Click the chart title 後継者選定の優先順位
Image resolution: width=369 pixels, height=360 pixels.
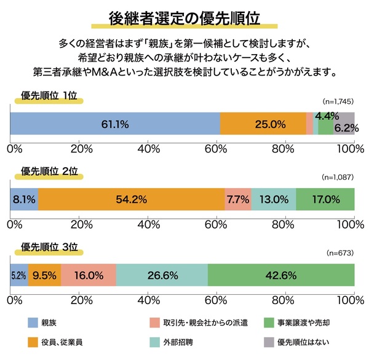(184, 17)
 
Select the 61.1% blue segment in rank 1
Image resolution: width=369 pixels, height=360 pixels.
(115, 124)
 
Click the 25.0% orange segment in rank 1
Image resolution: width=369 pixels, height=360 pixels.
(263, 124)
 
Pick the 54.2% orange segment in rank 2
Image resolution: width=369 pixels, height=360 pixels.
(131, 199)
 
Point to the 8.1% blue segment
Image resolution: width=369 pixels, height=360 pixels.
(25, 199)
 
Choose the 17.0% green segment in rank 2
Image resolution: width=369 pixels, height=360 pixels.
(325, 199)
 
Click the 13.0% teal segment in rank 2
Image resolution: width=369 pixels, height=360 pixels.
(274, 199)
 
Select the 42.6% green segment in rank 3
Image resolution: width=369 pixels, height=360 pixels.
(281, 275)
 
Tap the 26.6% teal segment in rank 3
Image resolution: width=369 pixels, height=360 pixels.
(162, 275)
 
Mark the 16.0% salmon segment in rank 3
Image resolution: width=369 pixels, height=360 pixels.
(89, 275)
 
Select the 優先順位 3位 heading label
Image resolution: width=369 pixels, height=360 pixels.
(49, 247)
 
